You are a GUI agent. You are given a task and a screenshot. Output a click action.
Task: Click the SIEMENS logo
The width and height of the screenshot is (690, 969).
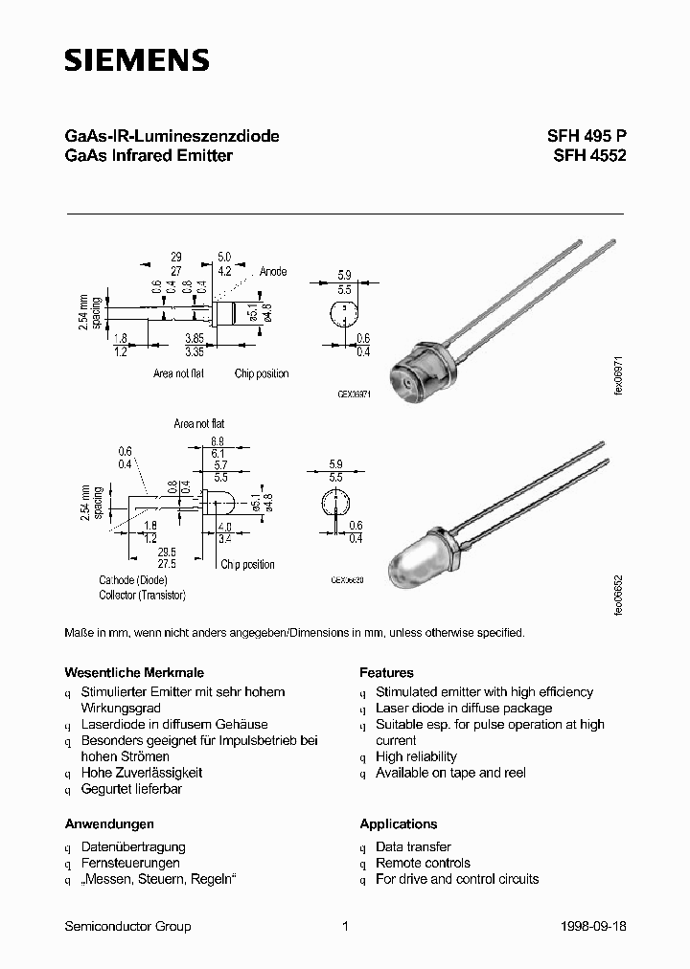click(136, 60)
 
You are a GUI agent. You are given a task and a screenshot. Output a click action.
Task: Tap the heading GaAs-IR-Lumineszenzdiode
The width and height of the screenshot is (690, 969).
click(172, 137)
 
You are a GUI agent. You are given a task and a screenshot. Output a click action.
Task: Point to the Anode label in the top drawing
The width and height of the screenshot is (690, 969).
click(272, 272)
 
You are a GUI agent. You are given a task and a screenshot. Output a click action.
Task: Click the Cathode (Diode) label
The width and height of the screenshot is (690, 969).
click(133, 580)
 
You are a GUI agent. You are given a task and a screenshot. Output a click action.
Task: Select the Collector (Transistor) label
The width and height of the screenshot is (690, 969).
click(142, 595)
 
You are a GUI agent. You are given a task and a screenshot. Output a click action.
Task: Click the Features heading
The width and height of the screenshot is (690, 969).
click(386, 672)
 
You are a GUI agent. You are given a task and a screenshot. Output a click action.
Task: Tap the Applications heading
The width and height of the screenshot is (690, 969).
click(398, 823)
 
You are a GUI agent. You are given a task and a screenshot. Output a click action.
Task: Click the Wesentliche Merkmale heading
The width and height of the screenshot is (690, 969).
click(133, 672)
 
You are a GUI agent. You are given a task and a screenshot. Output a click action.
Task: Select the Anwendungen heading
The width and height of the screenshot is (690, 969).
click(109, 823)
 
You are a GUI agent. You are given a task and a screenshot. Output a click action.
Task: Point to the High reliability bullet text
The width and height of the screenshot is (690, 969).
click(416, 756)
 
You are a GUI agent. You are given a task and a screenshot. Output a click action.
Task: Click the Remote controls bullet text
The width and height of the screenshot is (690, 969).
click(423, 863)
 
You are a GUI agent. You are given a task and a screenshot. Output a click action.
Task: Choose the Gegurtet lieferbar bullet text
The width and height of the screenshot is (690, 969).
click(131, 789)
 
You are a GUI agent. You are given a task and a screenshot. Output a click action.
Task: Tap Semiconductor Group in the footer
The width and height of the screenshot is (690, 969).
click(127, 926)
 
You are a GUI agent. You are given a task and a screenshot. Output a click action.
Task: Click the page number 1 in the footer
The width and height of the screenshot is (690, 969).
click(344, 926)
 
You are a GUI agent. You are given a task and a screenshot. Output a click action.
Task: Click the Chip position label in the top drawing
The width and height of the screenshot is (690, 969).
click(262, 373)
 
